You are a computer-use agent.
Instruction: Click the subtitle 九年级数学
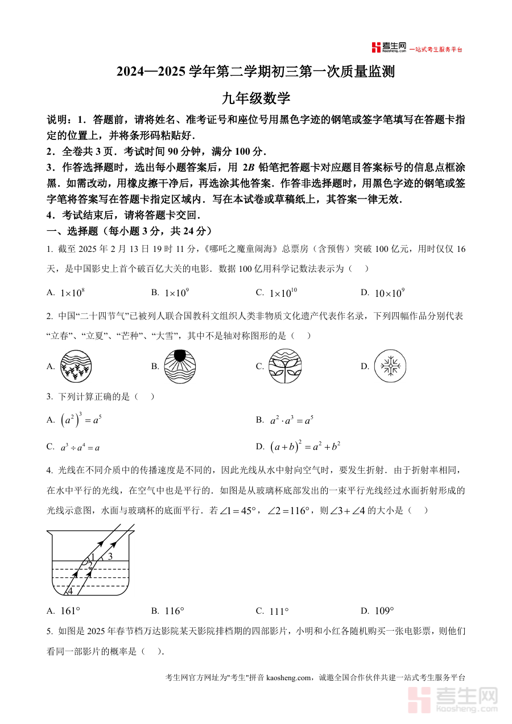(x=256, y=98)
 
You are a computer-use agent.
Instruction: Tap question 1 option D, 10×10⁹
(x=390, y=293)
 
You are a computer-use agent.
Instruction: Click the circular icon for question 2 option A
(x=76, y=366)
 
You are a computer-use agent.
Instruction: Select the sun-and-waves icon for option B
(x=179, y=366)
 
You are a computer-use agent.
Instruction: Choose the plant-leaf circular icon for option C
(x=285, y=366)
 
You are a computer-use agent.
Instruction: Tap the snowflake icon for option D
(x=391, y=366)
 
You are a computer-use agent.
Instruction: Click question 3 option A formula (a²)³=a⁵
(x=81, y=420)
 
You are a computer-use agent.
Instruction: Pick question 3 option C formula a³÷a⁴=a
(x=80, y=447)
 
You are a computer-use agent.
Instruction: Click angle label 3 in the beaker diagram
(x=110, y=556)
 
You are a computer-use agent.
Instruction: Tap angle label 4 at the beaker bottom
(x=71, y=591)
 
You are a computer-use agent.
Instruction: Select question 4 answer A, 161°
(x=70, y=611)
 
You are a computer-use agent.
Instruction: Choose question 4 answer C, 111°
(x=279, y=611)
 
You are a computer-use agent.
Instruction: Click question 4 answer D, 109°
(x=384, y=611)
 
